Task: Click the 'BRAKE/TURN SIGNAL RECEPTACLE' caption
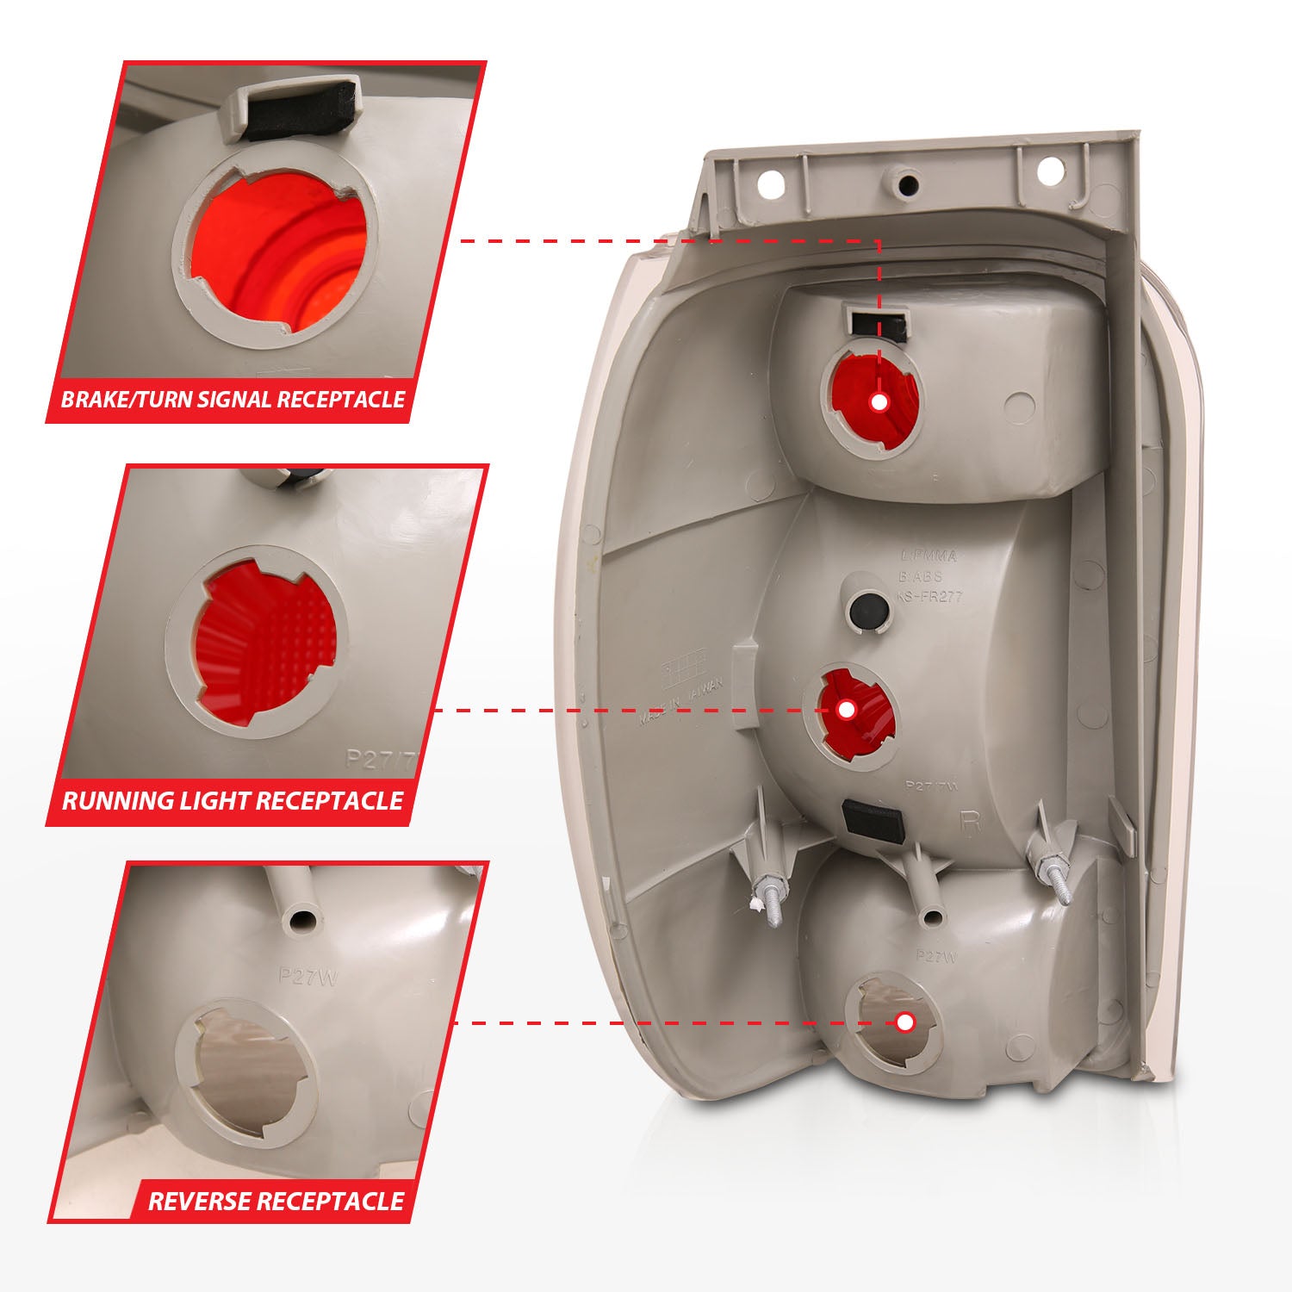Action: click(x=233, y=400)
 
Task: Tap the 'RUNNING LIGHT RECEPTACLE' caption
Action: click(x=233, y=801)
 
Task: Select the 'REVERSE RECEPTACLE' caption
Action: click(x=276, y=1201)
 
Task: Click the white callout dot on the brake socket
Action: click(x=879, y=401)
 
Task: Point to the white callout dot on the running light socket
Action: click(x=846, y=709)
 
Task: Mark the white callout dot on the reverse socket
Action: click(x=904, y=1022)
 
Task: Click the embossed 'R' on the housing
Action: click(x=971, y=820)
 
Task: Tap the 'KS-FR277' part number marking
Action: click(x=929, y=597)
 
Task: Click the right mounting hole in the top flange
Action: click(x=1048, y=170)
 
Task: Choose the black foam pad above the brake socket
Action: click(x=879, y=325)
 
